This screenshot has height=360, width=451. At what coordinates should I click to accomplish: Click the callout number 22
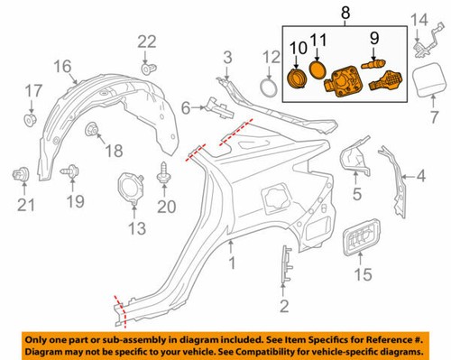pyautogui.click(x=147, y=41)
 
